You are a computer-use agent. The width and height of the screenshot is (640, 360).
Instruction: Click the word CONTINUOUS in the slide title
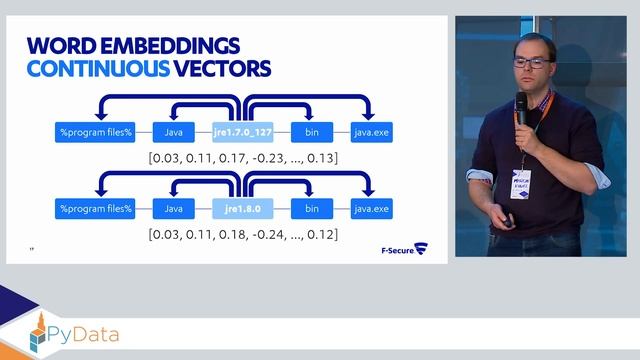click(x=86, y=69)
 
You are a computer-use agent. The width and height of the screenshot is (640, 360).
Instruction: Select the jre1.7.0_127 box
click(x=242, y=130)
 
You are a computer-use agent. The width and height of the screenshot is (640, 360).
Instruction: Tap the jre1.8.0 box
click(x=242, y=208)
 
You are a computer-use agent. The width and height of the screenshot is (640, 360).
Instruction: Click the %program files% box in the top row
click(x=95, y=130)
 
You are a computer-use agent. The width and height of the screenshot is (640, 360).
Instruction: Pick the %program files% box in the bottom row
click(x=95, y=208)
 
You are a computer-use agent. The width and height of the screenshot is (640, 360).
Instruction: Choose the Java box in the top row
click(x=173, y=130)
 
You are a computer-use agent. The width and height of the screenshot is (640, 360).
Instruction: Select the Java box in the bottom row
click(x=173, y=208)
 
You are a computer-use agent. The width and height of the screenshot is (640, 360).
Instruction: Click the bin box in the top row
click(x=311, y=130)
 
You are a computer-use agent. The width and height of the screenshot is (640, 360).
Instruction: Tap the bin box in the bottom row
click(x=311, y=208)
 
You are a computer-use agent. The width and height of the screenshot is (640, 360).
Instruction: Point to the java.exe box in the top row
click(x=371, y=130)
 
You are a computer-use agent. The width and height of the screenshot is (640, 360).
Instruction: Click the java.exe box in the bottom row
click(x=371, y=208)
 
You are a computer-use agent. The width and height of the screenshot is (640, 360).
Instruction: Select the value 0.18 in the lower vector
click(x=235, y=235)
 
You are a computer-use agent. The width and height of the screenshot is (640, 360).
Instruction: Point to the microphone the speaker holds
click(x=521, y=109)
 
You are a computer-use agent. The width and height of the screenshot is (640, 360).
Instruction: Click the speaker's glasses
click(x=530, y=63)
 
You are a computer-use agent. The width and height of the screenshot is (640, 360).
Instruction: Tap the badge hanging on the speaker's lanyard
click(x=520, y=183)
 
